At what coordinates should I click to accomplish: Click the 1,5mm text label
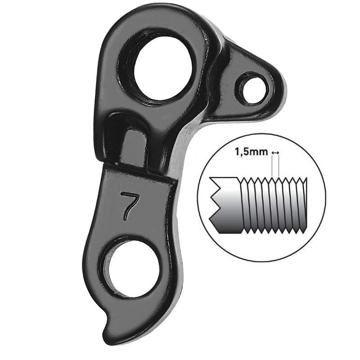pos(251,152)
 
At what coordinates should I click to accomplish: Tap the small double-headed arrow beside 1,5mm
pos(275,152)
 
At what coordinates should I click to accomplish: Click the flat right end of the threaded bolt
pos(306,205)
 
